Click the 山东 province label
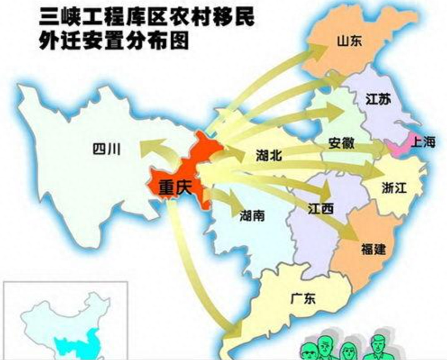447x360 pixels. pyautogui.click(x=350, y=41)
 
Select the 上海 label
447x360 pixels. pyautogui.click(x=424, y=142)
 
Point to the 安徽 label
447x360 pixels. pyautogui.click(x=341, y=144)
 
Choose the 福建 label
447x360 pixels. pyautogui.click(x=374, y=248)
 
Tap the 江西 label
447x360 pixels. pyautogui.click(x=321, y=208)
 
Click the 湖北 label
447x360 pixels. pyautogui.click(x=269, y=156)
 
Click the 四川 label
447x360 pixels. pyautogui.click(x=106, y=149)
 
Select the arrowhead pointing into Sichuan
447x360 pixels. pyautogui.click(x=146, y=147)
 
